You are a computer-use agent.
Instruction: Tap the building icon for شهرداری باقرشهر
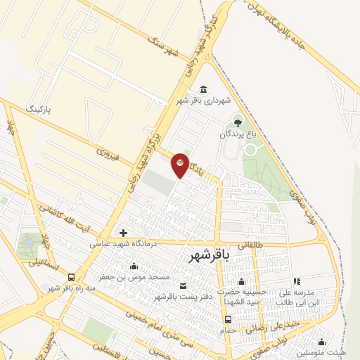(204, 89)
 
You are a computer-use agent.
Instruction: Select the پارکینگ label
(39, 110)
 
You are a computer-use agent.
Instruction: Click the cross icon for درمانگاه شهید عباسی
(123, 233)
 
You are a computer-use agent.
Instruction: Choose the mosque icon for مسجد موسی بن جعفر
(134, 266)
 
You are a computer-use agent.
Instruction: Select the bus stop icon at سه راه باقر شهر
(72, 276)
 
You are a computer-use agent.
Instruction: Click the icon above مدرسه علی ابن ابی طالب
(296, 281)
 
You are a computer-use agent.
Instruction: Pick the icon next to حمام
(227, 319)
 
